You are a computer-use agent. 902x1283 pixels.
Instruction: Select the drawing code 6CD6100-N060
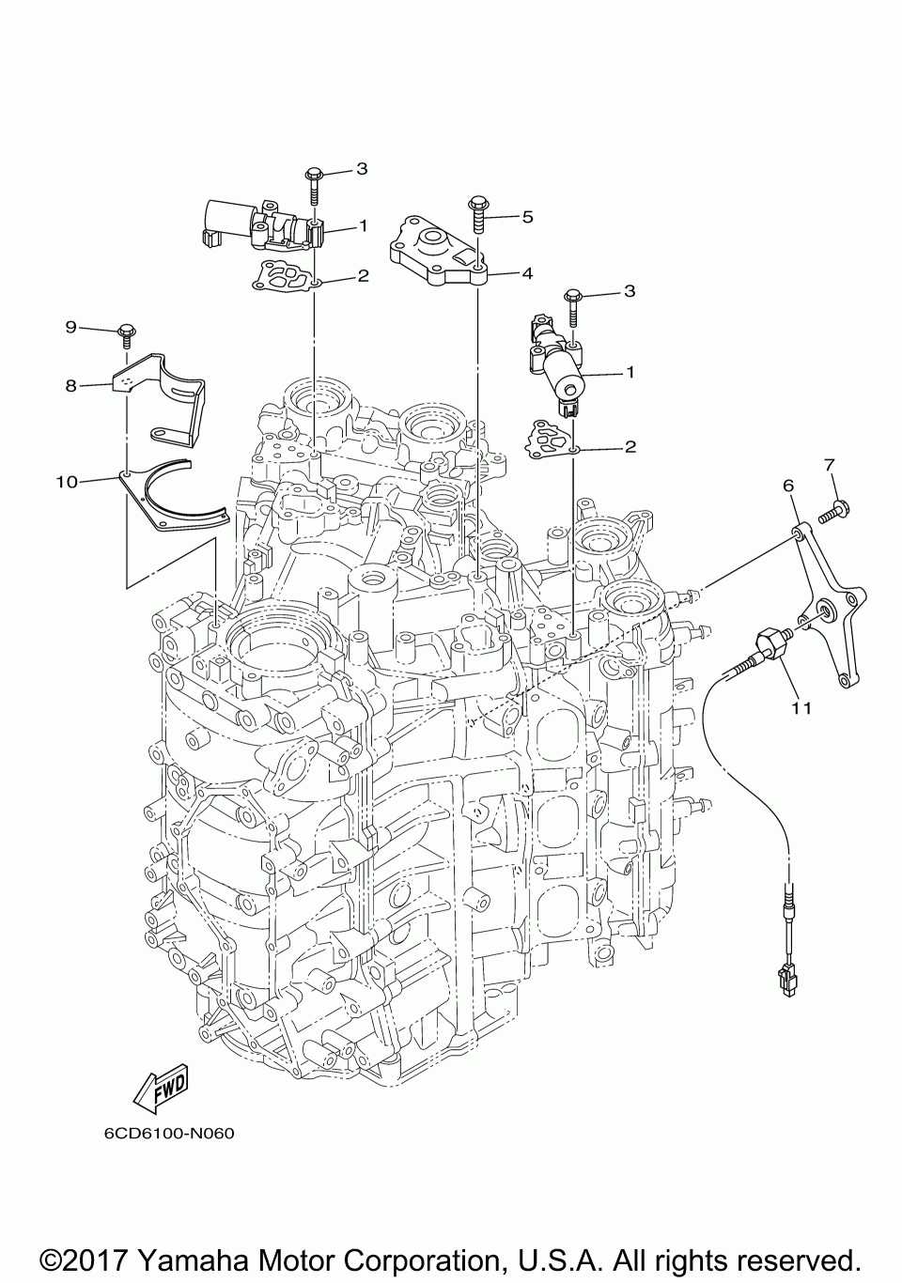169,1132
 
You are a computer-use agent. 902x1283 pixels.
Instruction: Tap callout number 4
527,273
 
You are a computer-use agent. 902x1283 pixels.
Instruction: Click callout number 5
527,217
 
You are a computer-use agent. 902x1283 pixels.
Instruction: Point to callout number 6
787,486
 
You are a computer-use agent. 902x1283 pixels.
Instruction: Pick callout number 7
830,463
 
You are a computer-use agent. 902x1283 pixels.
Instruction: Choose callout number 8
70,384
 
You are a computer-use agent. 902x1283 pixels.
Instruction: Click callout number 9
70,327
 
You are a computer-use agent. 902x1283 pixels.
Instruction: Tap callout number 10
66,482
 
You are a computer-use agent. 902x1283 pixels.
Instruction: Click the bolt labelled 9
126,335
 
